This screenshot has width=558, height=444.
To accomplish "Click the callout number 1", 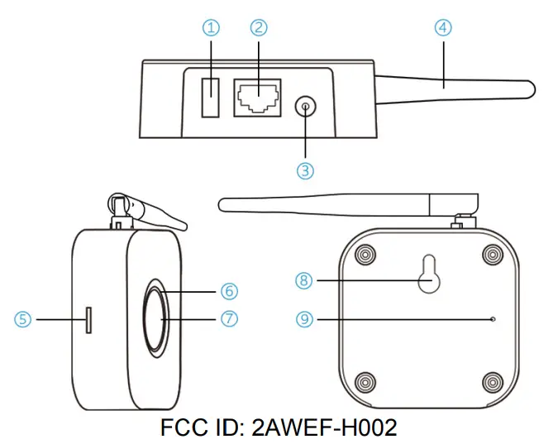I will pyautogui.click(x=212, y=28).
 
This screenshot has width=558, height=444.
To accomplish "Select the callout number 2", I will pyautogui.click(x=259, y=28).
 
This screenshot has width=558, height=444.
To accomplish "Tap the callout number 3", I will pyautogui.click(x=306, y=170).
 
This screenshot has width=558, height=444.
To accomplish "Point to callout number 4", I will pyautogui.click(x=445, y=28).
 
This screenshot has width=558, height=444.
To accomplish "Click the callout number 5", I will pyautogui.click(x=23, y=318).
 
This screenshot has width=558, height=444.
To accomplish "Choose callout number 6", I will pyautogui.click(x=229, y=291).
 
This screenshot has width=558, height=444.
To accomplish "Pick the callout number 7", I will pyautogui.click(x=229, y=318).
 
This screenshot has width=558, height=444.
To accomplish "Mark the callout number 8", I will pyautogui.click(x=304, y=281).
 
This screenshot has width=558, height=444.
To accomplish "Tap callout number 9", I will pyautogui.click(x=304, y=318).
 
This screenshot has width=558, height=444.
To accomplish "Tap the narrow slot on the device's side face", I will pyautogui.click(x=88, y=319).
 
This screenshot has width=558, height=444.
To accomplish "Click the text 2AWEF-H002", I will pyautogui.click(x=326, y=427).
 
